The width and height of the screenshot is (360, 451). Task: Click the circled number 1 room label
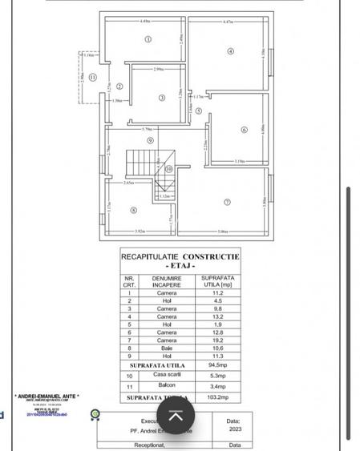tap(148, 39)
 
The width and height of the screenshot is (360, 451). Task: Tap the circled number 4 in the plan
tap(231, 52)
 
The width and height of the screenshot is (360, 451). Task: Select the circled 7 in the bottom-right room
tap(228, 202)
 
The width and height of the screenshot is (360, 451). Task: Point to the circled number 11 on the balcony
tap(93, 78)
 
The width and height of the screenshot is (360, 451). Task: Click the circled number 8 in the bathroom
tap(134, 211)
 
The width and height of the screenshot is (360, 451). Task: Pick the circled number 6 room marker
tap(244, 129)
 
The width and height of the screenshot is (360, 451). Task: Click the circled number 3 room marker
tap(162, 99)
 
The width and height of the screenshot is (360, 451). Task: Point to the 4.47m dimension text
tap(227, 22)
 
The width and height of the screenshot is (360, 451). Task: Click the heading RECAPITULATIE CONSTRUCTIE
tap(180, 256)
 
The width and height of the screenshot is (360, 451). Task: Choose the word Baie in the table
tap(167, 348)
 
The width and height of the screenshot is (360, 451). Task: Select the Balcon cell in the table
tap(167, 385)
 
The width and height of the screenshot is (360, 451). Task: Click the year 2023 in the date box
tap(233, 429)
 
